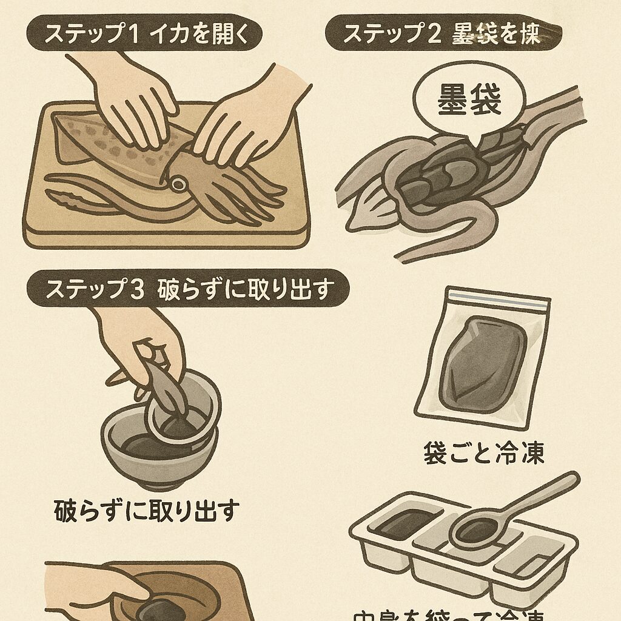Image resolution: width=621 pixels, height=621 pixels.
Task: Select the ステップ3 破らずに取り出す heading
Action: coord(188,289)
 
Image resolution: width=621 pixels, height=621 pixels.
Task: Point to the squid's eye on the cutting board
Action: coord(178,183)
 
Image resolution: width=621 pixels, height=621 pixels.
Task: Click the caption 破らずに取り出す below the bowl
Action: coord(147,511)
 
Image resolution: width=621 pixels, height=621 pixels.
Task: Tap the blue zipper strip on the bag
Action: coord(497,298)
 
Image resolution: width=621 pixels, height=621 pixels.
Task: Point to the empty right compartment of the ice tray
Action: coord(534,561)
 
